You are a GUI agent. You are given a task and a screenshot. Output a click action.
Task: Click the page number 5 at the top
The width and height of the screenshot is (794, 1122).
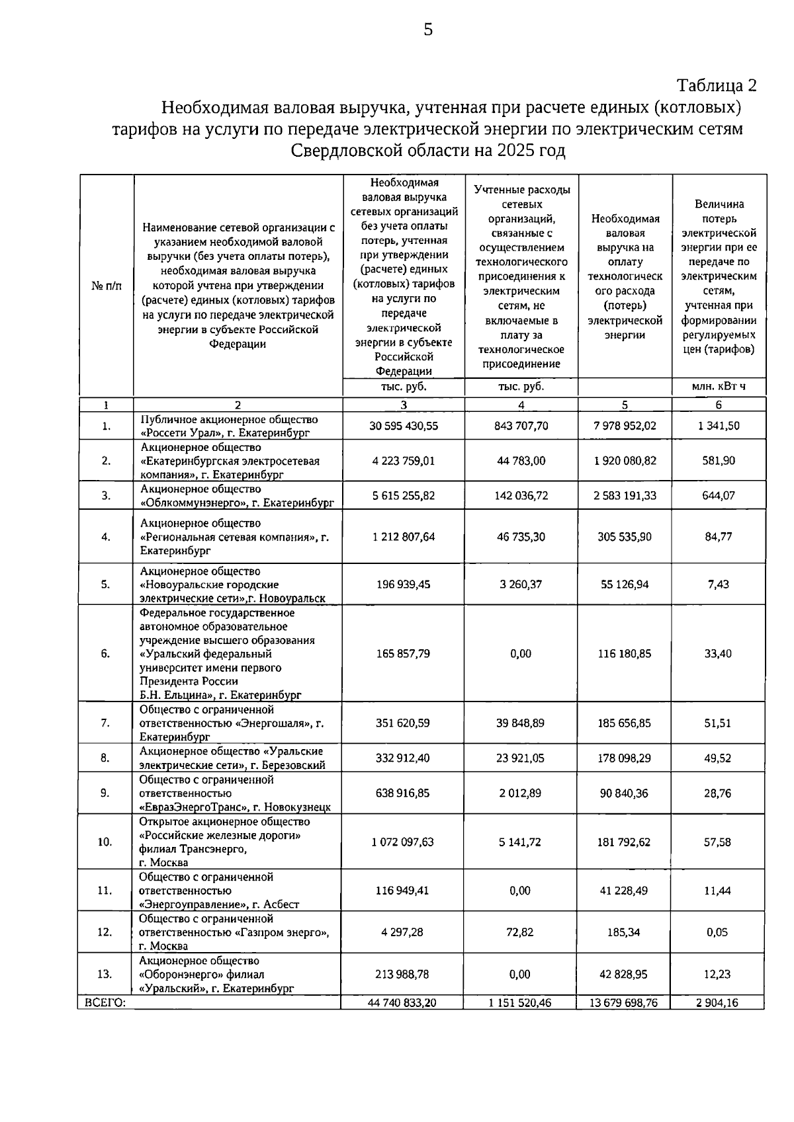428,29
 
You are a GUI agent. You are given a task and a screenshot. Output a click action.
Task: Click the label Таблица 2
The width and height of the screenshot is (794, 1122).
716,85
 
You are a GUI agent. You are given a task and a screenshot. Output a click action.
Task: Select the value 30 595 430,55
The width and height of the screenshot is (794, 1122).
404,426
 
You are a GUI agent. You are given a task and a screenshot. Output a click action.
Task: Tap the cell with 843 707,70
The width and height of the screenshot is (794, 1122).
521,426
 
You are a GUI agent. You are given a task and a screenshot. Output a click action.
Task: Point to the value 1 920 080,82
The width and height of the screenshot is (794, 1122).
625,461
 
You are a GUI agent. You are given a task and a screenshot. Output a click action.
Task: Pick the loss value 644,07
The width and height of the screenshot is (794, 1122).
719,495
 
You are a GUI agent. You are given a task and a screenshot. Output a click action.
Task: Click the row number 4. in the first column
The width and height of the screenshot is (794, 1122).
106,537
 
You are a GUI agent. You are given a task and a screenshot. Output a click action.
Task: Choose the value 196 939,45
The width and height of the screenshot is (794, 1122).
404,584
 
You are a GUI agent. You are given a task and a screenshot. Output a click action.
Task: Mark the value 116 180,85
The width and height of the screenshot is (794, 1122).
625,654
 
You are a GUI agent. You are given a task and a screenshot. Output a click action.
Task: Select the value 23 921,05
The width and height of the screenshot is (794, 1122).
521,758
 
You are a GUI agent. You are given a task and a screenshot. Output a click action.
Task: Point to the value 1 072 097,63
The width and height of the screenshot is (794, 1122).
403,842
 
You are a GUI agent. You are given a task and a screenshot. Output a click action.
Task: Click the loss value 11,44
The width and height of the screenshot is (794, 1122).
718,891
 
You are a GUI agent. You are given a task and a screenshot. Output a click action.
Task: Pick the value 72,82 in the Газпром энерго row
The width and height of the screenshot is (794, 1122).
521,932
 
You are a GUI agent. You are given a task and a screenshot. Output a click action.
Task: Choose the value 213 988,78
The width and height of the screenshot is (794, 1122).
403,974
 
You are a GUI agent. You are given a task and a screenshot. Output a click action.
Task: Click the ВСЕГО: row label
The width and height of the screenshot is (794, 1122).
102,1002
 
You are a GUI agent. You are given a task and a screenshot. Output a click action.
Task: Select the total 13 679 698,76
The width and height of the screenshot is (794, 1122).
625,1003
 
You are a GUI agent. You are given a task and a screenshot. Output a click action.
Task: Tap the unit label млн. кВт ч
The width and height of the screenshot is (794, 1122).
719,387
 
